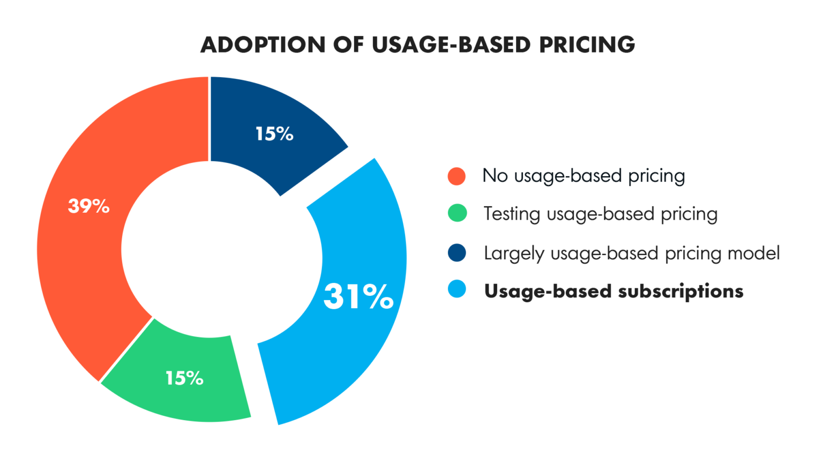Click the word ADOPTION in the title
(263, 45)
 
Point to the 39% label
(89, 206)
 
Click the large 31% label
(358, 296)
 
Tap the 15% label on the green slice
(184, 378)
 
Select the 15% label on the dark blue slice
(274, 134)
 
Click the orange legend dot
(457, 176)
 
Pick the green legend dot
(457, 213)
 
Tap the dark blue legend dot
(457, 252)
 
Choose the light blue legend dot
(457, 289)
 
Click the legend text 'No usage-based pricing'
(583, 176)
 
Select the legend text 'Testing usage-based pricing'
(600, 214)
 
